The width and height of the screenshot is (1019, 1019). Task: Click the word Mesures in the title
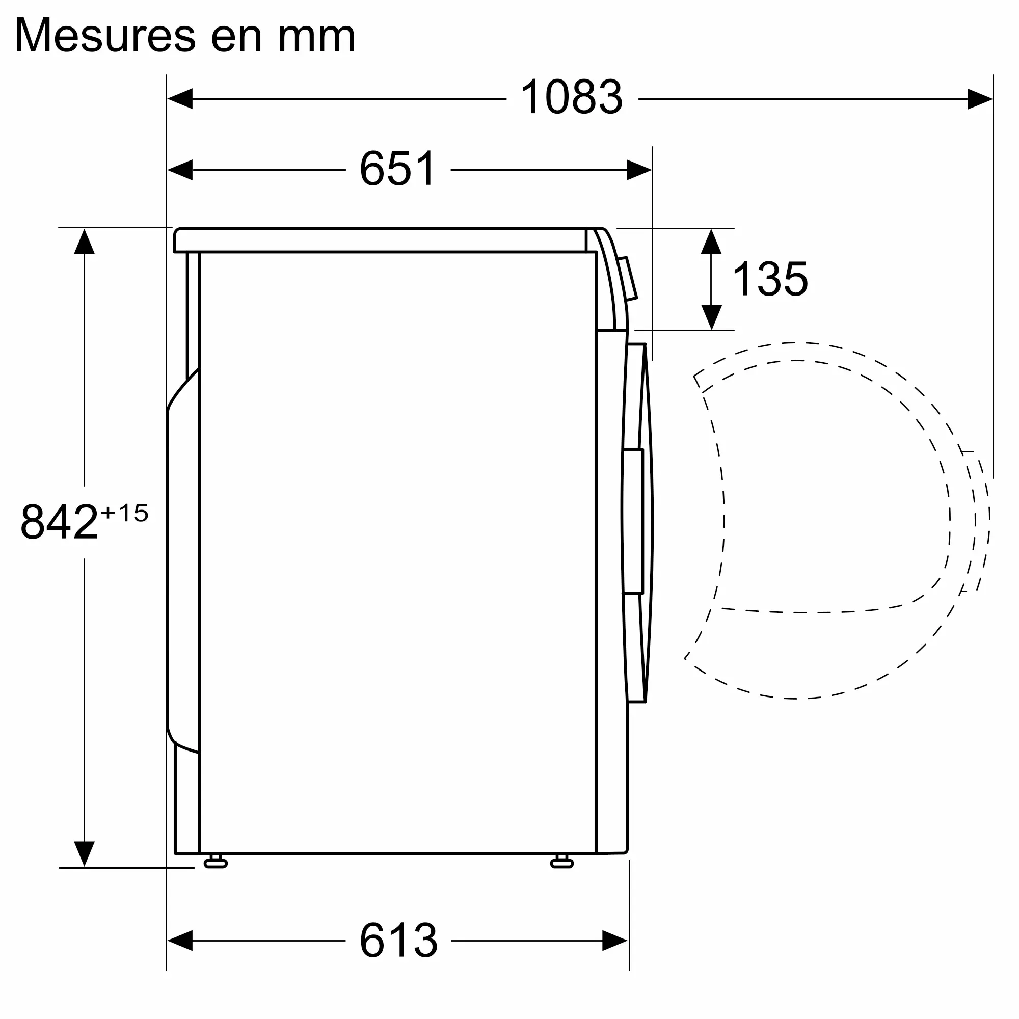(105, 35)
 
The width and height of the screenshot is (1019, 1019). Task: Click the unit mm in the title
(316, 39)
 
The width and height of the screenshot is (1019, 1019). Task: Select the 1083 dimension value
(572, 96)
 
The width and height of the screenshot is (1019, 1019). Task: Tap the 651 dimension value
(398, 168)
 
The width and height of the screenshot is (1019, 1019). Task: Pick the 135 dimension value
(770, 279)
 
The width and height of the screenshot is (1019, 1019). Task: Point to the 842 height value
(59, 522)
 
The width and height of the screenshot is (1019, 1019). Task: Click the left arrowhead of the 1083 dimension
(180, 99)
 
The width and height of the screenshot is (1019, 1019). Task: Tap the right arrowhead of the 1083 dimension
(980, 99)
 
